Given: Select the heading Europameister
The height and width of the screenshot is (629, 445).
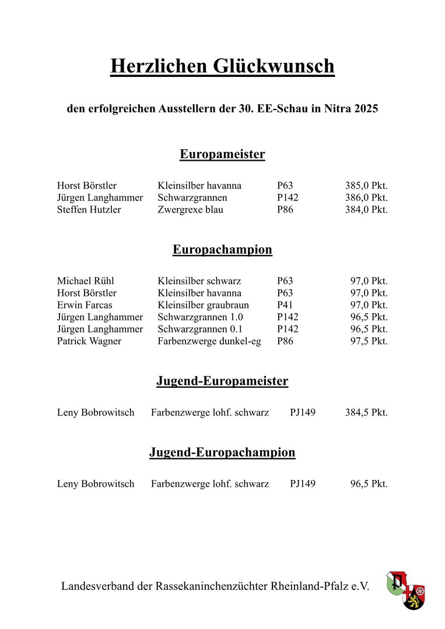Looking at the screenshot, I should coord(222,154).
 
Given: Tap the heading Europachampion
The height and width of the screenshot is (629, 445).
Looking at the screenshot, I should coord(222,250).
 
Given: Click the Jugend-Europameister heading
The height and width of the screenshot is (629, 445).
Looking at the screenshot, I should coord(222,381).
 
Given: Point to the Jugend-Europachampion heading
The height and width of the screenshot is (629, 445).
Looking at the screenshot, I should coord(222,453).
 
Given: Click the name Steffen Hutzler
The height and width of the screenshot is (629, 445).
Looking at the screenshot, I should coord(89,210).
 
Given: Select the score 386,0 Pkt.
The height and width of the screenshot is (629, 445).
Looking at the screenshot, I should coord(366,198).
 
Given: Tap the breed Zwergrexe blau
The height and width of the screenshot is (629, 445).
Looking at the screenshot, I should coord(190,210).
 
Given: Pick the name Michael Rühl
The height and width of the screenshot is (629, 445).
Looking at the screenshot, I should coord(86,281).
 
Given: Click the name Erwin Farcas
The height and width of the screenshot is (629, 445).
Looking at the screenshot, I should coord(85,305).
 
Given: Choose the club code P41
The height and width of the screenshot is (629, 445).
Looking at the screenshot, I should coord(285,305).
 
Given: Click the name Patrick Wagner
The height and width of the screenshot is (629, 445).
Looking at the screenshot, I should coord(89,341).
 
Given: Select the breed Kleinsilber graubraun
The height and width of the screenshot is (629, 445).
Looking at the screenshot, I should coord(203,305).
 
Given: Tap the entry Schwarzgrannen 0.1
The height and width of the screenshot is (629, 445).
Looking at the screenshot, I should coord(200,329).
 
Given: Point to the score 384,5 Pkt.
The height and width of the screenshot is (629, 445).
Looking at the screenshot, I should coord(366,413).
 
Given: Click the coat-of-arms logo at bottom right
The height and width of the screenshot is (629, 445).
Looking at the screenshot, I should coord(406,591).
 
